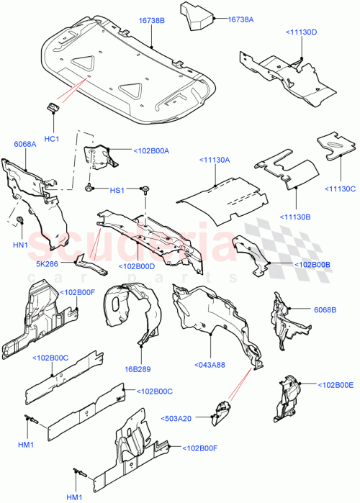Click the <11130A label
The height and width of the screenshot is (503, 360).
[214, 160]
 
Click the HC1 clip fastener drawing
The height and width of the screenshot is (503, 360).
[53, 108]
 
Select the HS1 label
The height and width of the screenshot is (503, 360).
[116, 190]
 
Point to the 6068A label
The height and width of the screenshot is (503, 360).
[25, 144]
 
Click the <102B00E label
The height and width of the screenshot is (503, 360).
[336, 385]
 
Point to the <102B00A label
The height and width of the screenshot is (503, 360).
[150, 150]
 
